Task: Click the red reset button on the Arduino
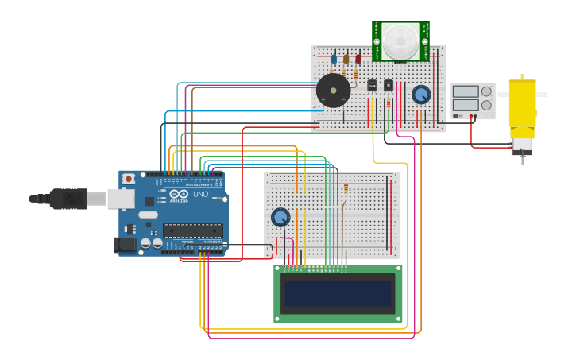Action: [x=129, y=180]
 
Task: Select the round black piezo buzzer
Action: [x=333, y=91]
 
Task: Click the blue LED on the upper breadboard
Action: [x=334, y=59]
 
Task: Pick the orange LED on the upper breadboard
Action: [x=346, y=59]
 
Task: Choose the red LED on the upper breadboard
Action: [x=358, y=59]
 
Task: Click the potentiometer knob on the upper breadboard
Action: [x=421, y=95]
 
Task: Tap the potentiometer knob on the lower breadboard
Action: [x=280, y=217]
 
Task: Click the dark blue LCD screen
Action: [x=338, y=293]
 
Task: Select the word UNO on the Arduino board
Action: [x=200, y=194]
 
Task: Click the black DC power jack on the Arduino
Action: [x=126, y=245]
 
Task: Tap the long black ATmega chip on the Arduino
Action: [x=192, y=230]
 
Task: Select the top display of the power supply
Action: [x=466, y=91]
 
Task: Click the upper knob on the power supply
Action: [x=486, y=91]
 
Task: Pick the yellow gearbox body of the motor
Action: [x=522, y=103]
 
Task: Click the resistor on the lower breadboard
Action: [x=346, y=188]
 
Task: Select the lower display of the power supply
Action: [x=466, y=105]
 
